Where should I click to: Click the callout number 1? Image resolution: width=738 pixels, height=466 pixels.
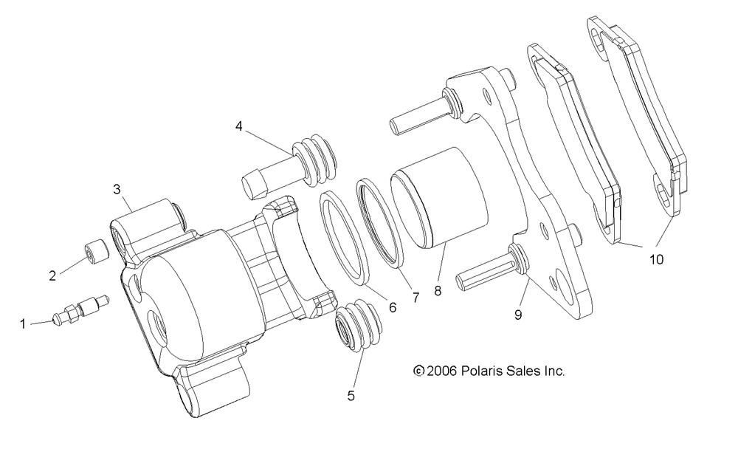pyautogui.click(x=22, y=324)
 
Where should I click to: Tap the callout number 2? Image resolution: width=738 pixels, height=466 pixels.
pyautogui.click(x=52, y=275)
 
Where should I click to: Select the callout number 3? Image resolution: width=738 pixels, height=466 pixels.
pyautogui.click(x=117, y=189)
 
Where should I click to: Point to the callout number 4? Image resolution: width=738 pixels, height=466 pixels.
pyautogui.click(x=239, y=126)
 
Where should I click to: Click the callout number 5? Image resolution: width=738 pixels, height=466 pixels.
pyautogui.click(x=351, y=396)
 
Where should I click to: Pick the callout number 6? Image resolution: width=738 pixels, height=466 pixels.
pyautogui.click(x=393, y=308)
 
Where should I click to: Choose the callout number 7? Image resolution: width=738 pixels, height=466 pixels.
pyautogui.click(x=415, y=298)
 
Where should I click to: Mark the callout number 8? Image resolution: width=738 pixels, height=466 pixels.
pyautogui.click(x=438, y=291)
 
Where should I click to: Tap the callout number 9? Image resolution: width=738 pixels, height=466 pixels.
pyautogui.click(x=518, y=315)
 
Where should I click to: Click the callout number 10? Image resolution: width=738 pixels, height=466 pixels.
pyautogui.click(x=656, y=259)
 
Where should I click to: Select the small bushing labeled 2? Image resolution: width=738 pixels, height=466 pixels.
pyautogui.click(x=97, y=252)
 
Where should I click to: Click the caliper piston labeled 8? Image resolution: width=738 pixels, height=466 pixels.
pyautogui.click(x=438, y=198)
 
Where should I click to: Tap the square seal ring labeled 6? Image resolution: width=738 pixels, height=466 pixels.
pyautogui.click(x=344, y=239)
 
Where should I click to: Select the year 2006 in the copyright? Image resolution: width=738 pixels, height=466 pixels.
pyautogui.click(x=442, y=371)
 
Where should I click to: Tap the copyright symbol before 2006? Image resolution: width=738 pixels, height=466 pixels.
pyautogui.click(x=419, y=371)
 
